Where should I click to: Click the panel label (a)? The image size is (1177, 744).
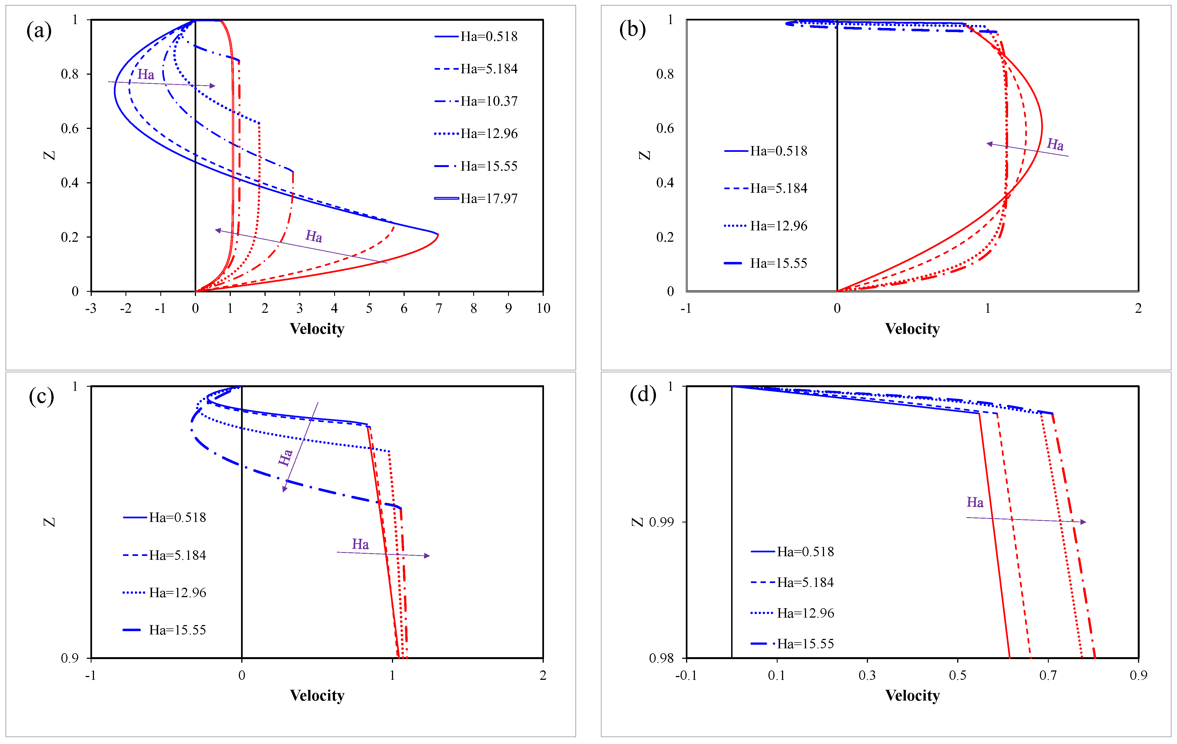click(x=39, y=31)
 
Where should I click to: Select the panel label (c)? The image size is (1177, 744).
click(x=41, y=396)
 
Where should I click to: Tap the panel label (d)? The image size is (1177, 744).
click(x=642, y=394)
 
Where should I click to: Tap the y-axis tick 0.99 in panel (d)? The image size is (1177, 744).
click(x=661, y=522)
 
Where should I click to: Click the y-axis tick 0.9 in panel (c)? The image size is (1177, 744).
click(x=70, y=658)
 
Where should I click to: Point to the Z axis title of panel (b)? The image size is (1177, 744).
click(x=645, y=155)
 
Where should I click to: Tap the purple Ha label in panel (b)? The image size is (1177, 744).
click(x=1055, y=144)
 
